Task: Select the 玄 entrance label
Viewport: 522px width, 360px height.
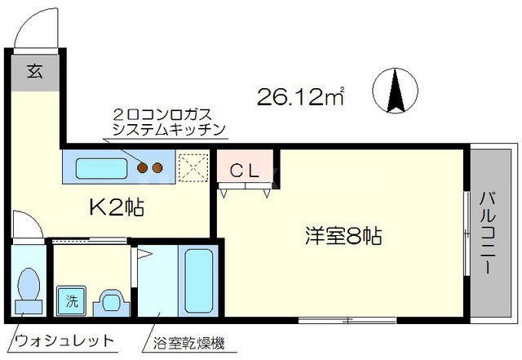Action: pos(34,71)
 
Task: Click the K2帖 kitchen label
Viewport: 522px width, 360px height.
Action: pos(115,207)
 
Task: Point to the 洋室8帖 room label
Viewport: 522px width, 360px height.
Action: pos(343,237)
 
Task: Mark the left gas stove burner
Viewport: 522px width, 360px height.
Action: pos(143,168)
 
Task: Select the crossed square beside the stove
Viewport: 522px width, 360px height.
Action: pos(192,168)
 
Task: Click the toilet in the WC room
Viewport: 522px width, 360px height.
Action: pos(29,287)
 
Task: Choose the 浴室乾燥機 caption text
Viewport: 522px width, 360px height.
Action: pos(187,340)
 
